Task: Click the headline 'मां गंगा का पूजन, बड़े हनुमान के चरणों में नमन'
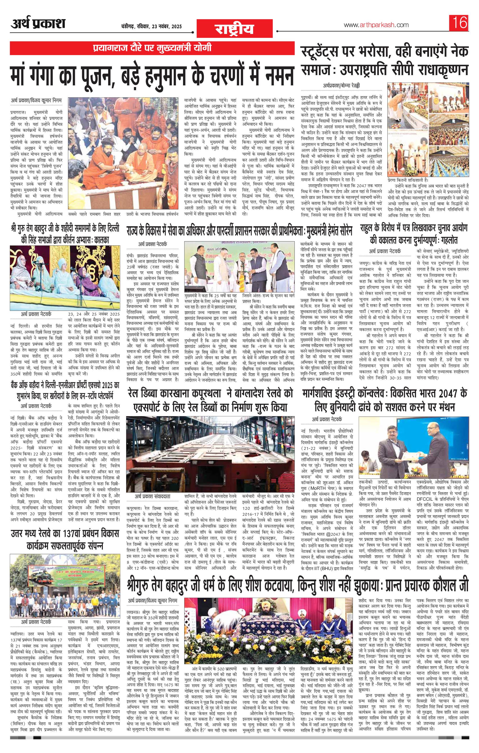tap(152, 74)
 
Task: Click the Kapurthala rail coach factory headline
tap(210, 400)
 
